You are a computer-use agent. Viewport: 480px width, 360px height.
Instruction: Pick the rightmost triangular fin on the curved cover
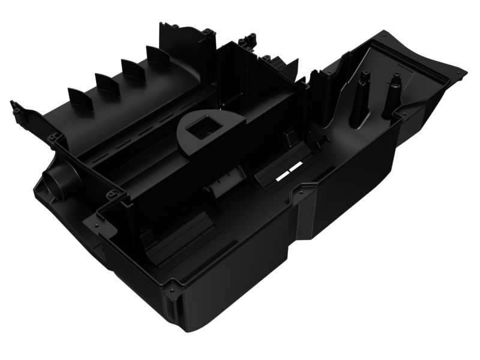click(158, 57)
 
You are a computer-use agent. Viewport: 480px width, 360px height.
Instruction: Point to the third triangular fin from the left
click(133, 70)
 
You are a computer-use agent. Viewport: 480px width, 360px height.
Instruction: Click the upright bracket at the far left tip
click(17, 112)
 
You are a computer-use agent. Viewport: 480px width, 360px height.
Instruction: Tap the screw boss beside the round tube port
click(112, 194)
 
